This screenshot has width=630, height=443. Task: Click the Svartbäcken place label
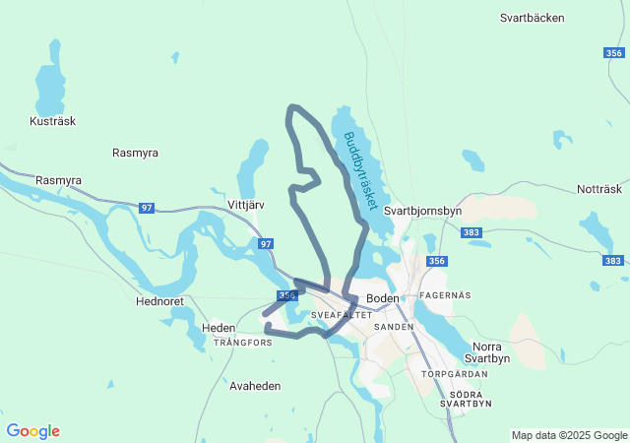coord(532,18)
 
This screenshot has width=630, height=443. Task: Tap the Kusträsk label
coord(53,121)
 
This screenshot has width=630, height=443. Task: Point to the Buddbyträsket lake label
coord(361,169)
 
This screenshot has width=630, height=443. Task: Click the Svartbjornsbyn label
coord(423,211)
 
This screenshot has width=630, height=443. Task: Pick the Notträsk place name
coord(599,189)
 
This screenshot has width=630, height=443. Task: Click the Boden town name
coord(382,297)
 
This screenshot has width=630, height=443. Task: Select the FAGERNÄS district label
coord(445,295)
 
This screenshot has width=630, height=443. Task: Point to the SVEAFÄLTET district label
coord(341,315)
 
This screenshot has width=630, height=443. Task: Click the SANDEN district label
coord(394,326)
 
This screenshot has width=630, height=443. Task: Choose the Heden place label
coord(219,328)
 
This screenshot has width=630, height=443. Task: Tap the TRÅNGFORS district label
coord(243,343)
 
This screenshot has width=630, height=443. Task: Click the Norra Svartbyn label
coord(492,352)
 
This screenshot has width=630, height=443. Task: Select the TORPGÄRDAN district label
coord(455,375)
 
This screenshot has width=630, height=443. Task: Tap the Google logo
coord(32,431)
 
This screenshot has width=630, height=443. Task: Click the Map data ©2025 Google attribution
coord(569,435)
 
